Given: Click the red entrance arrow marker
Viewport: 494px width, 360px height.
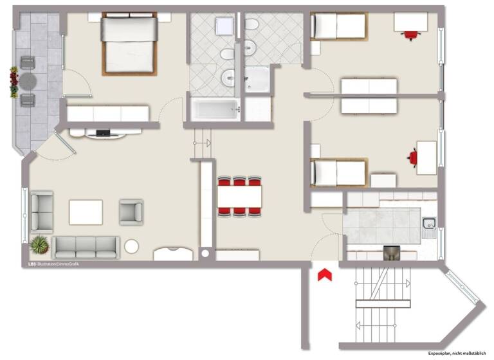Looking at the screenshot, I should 325,274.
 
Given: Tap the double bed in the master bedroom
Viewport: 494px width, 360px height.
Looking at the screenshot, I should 129,44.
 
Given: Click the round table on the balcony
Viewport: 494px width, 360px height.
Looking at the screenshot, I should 28,81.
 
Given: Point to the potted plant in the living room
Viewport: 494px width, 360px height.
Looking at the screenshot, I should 39,244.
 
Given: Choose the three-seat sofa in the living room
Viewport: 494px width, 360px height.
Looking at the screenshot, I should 86,246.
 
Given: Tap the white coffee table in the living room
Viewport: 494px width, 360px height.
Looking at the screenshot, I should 86,212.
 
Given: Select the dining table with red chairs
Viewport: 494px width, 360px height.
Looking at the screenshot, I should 239,195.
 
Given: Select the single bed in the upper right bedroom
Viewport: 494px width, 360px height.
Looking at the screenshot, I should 338,26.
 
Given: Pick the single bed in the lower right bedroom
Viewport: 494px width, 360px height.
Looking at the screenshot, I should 338,172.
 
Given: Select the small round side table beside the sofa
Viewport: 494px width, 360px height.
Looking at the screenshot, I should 131,246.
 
